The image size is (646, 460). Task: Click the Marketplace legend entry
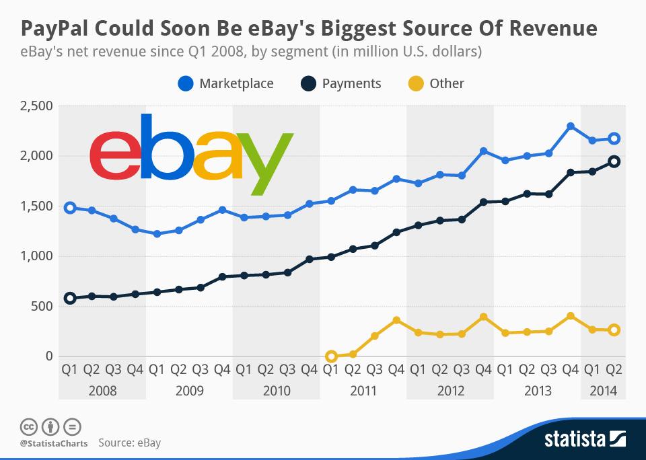point(226,83)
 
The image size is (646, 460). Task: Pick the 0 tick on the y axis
point(48,356)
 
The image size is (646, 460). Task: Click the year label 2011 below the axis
point(363,391)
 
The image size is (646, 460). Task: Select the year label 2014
point(603,391)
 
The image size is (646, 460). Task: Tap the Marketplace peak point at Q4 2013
point(571,126)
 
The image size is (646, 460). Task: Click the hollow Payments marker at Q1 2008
point(69,299)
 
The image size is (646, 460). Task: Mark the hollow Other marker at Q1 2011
point(331,356)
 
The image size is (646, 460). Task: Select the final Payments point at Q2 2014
point(614,162)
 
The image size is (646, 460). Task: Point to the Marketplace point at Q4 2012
point(484,151)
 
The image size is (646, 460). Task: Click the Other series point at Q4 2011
point(397,321)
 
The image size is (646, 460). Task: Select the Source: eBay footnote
point(129,443)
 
